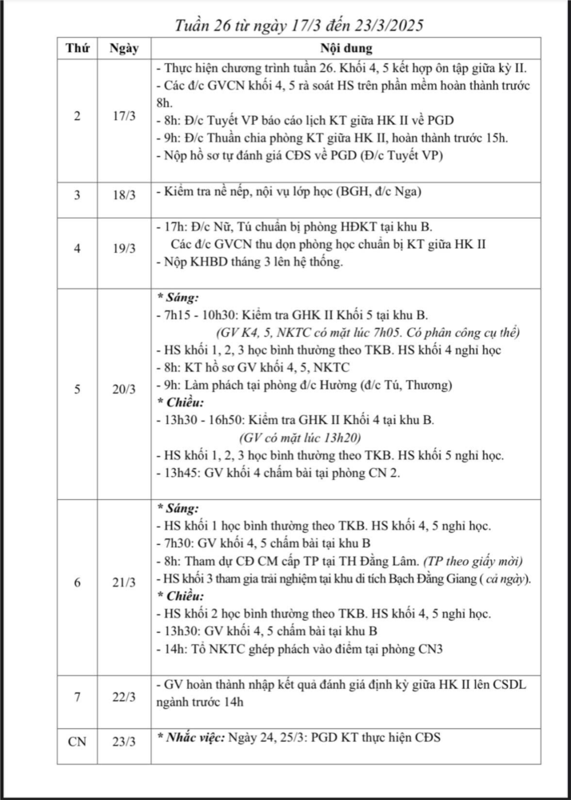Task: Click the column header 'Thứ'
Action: tap(77, 48)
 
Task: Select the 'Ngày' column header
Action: tap(123, 48)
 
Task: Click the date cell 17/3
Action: tap(123, 117)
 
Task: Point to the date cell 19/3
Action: tap(123, 248)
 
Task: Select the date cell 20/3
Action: tap(123, 390)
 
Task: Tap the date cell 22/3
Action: tap(123, 697)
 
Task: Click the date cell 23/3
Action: tap(123, 742)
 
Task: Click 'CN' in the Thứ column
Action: tap(77, 742)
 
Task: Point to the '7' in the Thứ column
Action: tap(77, 697)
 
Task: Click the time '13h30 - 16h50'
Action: tap(204, 420)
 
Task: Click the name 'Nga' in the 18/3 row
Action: tap(409, 193)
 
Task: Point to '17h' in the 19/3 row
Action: tap(173, 227)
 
